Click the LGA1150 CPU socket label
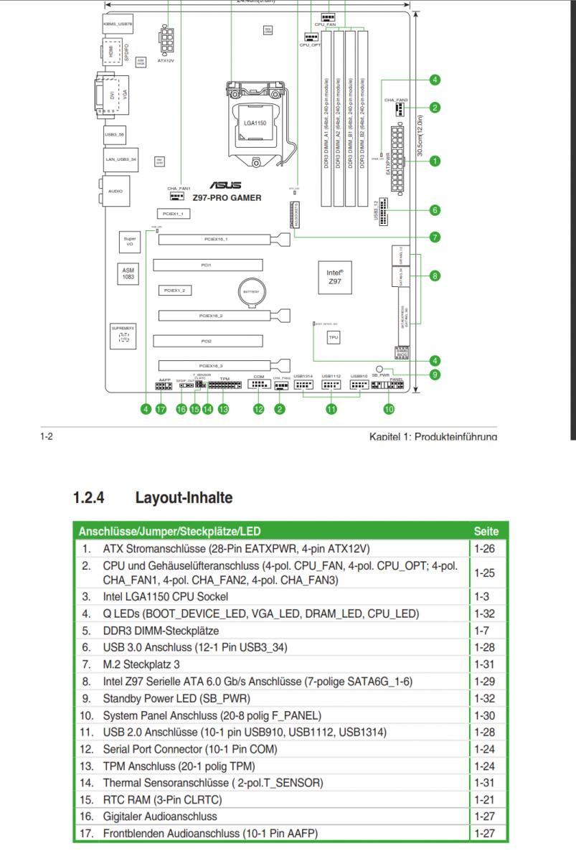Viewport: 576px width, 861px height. pyautogui.click(x=255, y=123)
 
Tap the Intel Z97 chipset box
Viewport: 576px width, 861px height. pyautogui.click(x=334, y=276)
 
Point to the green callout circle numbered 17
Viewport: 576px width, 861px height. pyautogui.click(x=161, y=409)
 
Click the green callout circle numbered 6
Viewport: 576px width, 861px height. pyautogui.click(x=435, y=210)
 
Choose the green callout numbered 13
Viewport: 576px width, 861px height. pyautogui.click(x=223, y=409)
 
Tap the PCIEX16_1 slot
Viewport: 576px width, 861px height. pyautogui.click(x=216, y=240)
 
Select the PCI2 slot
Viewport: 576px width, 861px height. pyautogui.click(x=206, y=341)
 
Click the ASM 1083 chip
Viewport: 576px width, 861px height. pyautogui.click(x=128, y=273)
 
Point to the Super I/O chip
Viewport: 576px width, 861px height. pyautogui.click(x=130, y=242)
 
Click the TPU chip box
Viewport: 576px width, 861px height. pyautogui.click(x=334, y=337)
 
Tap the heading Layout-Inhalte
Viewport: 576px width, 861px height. pyautogui.click(x=184, y=497)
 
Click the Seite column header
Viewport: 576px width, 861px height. pyautogui.click(x=486, y=532)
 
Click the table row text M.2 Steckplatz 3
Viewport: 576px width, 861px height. pyautogui.click(x=141, y=664)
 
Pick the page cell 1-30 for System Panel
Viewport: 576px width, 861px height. pyautogui.click(x=486, y=715)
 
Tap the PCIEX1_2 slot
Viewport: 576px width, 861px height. pyautogui.click(x=174, y=291)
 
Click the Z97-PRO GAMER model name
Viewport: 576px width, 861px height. pyautogui.click(x=226, y=198)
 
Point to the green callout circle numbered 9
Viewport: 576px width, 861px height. pyautogui.click(x=435, y=374)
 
